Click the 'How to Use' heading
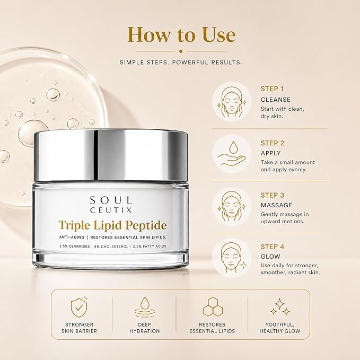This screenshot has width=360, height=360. [181, 34]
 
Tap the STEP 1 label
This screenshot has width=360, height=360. [272, 89]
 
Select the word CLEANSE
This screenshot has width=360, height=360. [276, 100]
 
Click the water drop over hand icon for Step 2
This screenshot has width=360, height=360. [232, 153]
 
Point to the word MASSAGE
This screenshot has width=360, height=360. [276, 205]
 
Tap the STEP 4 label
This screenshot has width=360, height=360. [273, 247]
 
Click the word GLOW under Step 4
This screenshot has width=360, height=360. [270, 257]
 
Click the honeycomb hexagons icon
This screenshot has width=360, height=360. [213, 307]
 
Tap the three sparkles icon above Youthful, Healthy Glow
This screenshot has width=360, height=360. [280, 307]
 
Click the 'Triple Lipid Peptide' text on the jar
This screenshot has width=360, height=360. [112, 225]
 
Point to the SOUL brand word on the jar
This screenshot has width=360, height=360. [111, 200]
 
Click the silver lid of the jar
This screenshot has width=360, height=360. [111, 155]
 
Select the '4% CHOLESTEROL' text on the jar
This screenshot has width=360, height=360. [111, 247]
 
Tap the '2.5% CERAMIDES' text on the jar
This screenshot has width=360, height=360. [74, 247]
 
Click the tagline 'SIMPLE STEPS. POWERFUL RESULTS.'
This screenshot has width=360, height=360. [181, 62]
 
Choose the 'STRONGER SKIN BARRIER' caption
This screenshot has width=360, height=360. [79, 328]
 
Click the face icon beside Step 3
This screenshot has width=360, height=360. [232, 206]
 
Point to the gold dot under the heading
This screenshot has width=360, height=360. [181, 51]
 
